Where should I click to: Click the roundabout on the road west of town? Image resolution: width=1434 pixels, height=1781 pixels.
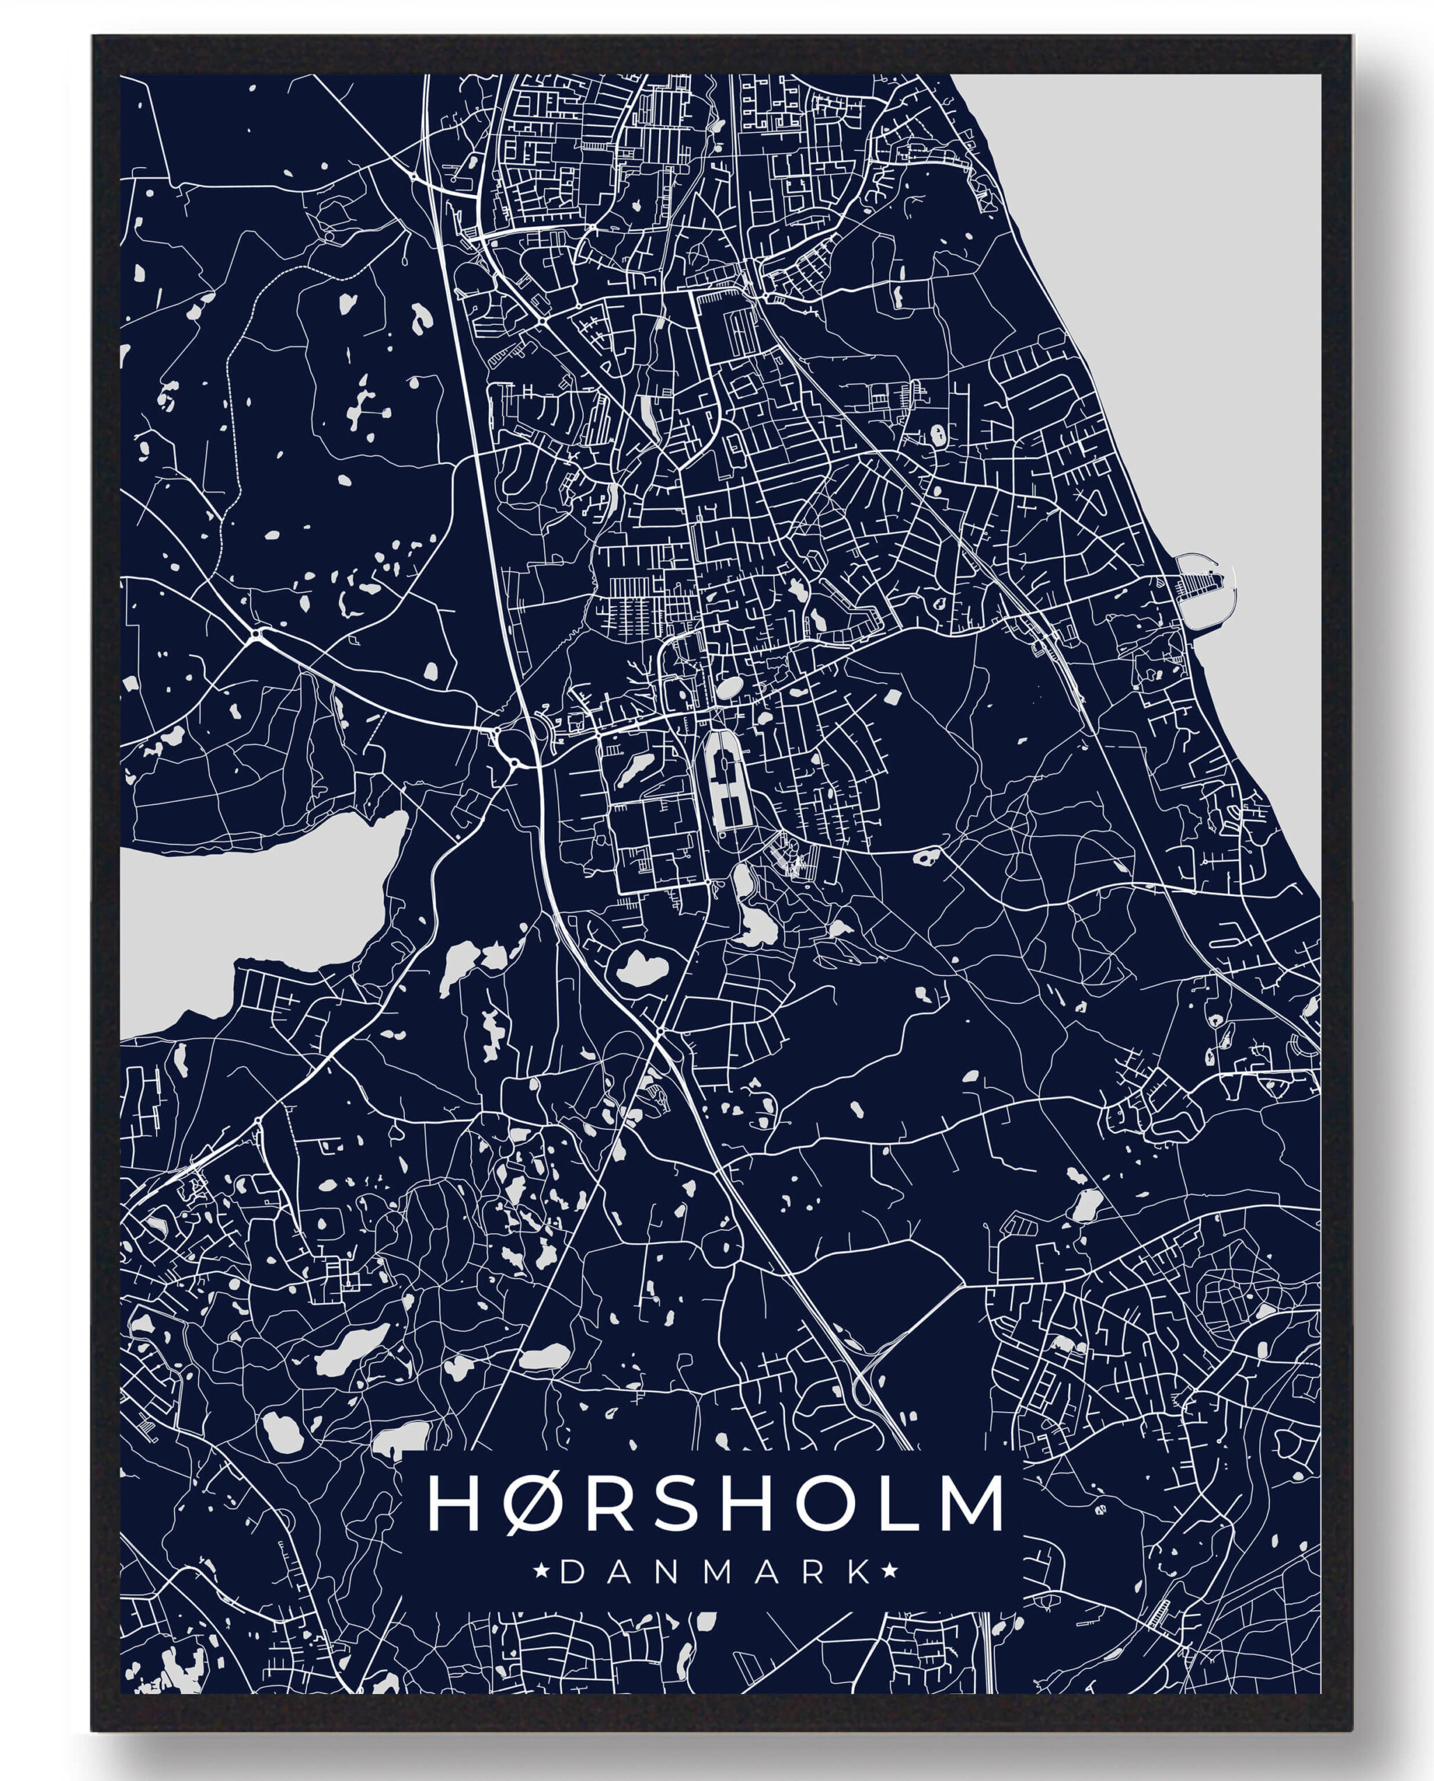point(259,634)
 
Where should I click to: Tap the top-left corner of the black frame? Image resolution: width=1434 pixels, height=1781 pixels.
point(94,37)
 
